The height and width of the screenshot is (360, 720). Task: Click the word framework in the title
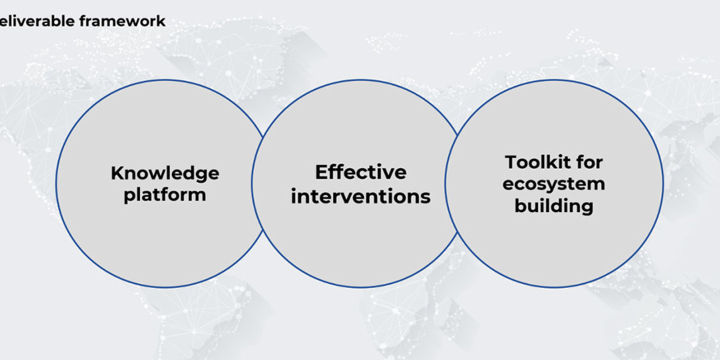point(122,21)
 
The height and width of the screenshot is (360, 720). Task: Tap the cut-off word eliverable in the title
point(37,21)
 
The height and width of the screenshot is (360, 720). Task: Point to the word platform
point(165,195)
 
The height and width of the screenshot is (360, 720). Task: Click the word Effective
point(360,172)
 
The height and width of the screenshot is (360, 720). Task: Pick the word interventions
point(360,196)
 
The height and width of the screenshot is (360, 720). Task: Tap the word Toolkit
point(535,162)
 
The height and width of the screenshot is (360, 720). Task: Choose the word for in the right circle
point(589,162)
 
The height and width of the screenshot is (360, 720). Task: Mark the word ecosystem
point(554,184)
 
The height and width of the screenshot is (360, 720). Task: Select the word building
point(554,206)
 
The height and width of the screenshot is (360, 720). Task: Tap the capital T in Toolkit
point(511,162)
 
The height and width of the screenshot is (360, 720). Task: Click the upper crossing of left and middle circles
point(263,136)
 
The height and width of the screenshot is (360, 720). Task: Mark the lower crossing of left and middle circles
point(263,231)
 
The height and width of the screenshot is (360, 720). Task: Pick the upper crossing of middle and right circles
point(457,133)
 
